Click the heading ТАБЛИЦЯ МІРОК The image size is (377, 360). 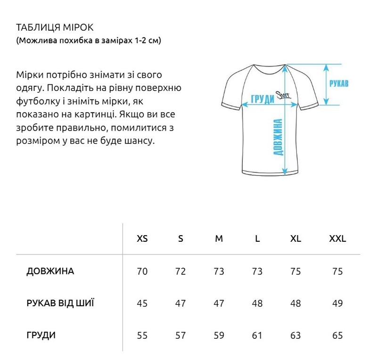point(51,27)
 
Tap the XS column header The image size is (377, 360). point(142,239)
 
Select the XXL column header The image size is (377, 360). point(337,239)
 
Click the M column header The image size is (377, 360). point(219,239)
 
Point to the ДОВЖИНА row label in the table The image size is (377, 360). point(50,271)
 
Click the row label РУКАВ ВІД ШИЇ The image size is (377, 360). point(60,303)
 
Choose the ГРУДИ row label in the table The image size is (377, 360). point(41,335)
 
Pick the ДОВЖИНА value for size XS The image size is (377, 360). point(142,271)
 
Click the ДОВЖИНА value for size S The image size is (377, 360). point(180,271)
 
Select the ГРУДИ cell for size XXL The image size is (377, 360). point(337,335)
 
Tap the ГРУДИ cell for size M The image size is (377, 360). point(219,335)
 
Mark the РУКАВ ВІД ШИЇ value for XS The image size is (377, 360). point(142,303)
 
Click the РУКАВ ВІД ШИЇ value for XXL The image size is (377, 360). point(337,303)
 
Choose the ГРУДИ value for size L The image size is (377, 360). point(257,335)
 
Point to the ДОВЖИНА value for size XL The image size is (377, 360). point(295,271)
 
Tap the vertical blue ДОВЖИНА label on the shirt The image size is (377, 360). point(278,137)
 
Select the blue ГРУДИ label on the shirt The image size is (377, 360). point(263,99)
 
